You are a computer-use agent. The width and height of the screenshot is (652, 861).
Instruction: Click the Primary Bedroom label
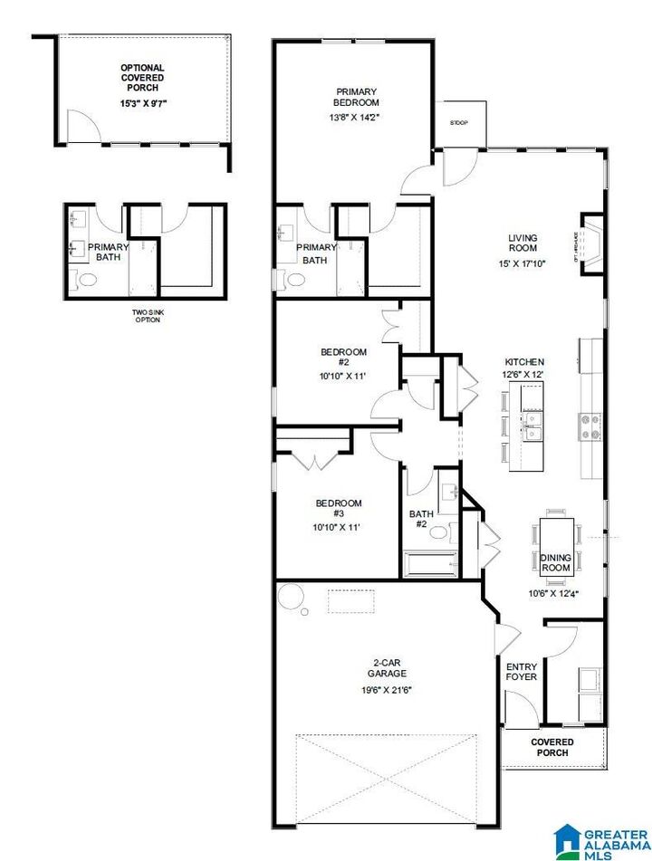tap(357, 97)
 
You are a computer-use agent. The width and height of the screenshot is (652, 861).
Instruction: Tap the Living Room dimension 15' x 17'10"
tap(523, 264)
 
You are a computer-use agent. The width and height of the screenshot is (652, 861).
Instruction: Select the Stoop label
tap(459, 123)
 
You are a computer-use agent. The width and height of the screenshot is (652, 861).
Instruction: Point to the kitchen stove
tap(590, 426)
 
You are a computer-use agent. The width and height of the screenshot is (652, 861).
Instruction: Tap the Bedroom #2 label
tap(343, 358)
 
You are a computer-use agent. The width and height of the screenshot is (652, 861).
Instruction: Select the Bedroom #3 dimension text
tap(338, 527)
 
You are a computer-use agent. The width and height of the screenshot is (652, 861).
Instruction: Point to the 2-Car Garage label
tap(387, 666)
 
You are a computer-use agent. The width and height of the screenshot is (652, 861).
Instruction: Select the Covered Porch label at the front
tap(551, 747)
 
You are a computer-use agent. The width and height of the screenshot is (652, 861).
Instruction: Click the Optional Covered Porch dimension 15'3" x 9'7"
tap(143, 103)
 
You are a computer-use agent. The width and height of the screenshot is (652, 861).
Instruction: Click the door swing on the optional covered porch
tap(80, 129)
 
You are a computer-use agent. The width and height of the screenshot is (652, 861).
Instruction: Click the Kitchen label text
tap(523, 361)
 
